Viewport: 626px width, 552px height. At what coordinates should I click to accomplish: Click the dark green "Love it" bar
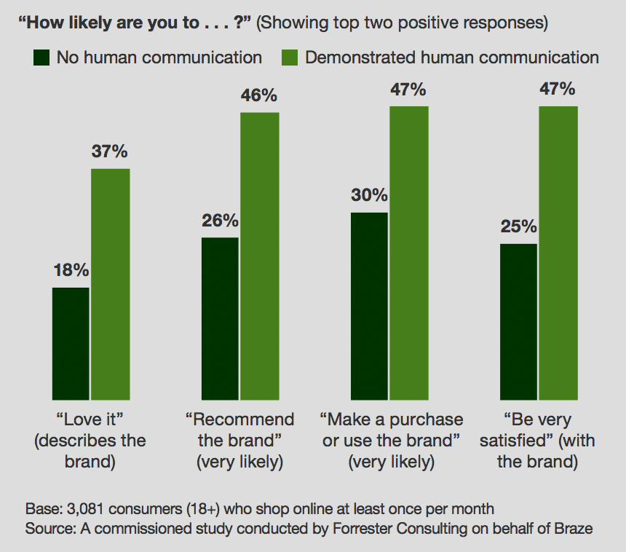click(x=71, y=343)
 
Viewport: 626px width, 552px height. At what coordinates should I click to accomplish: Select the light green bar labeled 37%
click(x=110, y=284)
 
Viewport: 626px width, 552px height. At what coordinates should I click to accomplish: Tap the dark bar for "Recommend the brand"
click(x=220, y=318)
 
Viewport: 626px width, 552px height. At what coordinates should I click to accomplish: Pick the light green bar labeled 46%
click(x=260, y=256)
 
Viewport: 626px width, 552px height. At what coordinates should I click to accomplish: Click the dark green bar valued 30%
click(x=369, y=306)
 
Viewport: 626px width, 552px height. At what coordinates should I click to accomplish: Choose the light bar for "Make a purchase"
click(x=409, y=253)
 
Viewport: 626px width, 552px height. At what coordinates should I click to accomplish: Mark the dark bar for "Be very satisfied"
click(x=518, y=321)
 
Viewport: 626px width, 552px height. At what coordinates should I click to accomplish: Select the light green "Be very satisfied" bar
click(x=558, y=253)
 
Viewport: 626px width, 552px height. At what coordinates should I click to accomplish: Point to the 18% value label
click(x=71, y=270)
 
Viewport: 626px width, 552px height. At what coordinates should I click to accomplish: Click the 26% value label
click(x=220, y=220)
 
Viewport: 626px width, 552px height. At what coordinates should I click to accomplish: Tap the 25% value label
click(x=518, y=226)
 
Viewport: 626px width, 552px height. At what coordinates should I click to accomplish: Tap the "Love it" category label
click(x=90, y=441)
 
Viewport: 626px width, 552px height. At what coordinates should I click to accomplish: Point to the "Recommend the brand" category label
click(x=239, y=441)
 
